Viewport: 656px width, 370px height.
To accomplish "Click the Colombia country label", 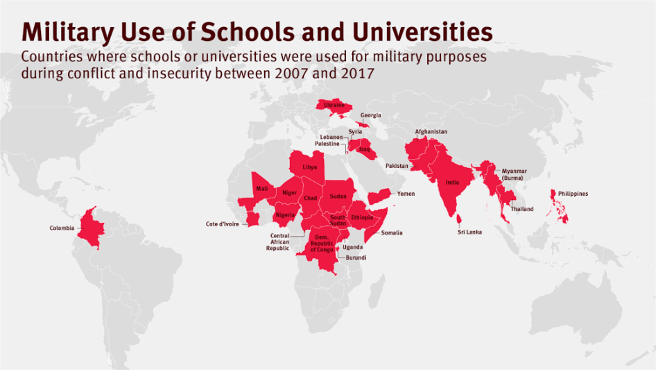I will pyautogui.click(x=62, y=228).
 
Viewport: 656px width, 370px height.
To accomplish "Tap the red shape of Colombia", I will pyautogui.click(x=91, y=226).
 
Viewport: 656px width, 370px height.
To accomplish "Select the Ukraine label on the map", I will pyautogui.click(x=334, y=105).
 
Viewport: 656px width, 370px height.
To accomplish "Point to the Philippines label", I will pyautogui.click(x=572, y=194).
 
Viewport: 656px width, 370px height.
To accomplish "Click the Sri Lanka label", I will pyautogui.click(x=469, y=232).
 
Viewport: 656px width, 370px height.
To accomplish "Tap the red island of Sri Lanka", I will pyautogui.click(x=459, y=219).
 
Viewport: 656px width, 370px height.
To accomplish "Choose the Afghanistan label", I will pyautogui.click(x=431, y=132).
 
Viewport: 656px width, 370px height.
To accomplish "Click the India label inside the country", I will pyautogui.click(x=452, y=183).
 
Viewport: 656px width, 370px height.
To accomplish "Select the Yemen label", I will pyautogui.click(x=406, y=194).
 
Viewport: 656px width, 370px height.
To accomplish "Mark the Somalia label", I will pyautogui.click(x=391, y=233).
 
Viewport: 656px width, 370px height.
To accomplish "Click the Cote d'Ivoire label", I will pyautogui.click(x=223, y=224).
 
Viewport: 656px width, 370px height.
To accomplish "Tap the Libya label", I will pyautogui.click(x=310, y=168).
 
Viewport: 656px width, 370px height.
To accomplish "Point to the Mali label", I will pyautogui.click(x=261, y=188).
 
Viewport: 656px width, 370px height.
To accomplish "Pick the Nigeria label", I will pyautogui.click(x=285, y=215).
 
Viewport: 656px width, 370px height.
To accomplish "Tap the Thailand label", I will pyautogui.click(x=522, y=209).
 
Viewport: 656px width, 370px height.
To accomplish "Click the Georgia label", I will pyautogui.click(x=370, y=116).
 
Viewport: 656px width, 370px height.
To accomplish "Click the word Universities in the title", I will pyautogui.click(x=422, y=32).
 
